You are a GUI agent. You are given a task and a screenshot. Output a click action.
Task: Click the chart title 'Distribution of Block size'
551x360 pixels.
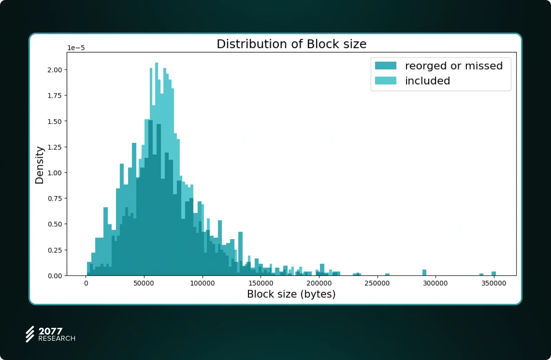[x=291, y=44]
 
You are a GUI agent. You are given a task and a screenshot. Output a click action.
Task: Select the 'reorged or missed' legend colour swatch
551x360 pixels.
[x=385, y=66]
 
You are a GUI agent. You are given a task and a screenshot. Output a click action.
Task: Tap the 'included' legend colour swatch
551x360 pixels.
[x=385, y=81]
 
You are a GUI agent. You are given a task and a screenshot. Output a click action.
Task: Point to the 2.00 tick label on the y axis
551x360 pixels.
[x=55, y=70]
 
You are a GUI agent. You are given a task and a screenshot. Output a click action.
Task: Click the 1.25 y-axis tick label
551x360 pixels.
[x=55, y=147]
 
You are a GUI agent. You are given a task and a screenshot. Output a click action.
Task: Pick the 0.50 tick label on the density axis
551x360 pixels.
[x=55, y=224]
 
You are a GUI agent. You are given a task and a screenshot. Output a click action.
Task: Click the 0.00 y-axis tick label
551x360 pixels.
[x=55, y=276]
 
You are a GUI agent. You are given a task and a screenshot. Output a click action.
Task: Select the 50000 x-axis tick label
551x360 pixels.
[x=144, y=283]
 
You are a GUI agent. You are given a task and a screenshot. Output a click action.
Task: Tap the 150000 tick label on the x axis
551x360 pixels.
[x=261, y=283]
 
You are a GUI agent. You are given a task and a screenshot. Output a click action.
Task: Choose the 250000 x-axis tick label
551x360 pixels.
[x=377, y=283]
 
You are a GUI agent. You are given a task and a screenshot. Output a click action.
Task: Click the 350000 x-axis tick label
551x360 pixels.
[x=493, y=283]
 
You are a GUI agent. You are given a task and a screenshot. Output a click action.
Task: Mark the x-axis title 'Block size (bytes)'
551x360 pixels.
[x=291, y=294]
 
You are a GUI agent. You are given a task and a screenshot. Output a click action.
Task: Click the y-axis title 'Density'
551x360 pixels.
[x=40, y=165]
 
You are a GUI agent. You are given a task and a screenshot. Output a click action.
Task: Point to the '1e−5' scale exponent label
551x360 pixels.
[x=76, y=48]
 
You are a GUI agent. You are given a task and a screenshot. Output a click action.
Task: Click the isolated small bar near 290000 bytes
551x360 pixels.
[x=424, y=273]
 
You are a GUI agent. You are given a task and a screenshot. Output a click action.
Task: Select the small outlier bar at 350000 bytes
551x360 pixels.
[x=493, y=274]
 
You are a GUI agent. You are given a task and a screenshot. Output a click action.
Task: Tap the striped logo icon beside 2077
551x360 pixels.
[x=30, y=334]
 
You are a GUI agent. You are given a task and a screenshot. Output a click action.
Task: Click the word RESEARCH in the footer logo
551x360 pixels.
[x=57, y=339]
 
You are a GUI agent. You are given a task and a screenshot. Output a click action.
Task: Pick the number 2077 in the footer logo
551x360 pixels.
[x=50, y=331]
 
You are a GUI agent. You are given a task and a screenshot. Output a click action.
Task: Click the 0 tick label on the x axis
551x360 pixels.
[x=86, y=283]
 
